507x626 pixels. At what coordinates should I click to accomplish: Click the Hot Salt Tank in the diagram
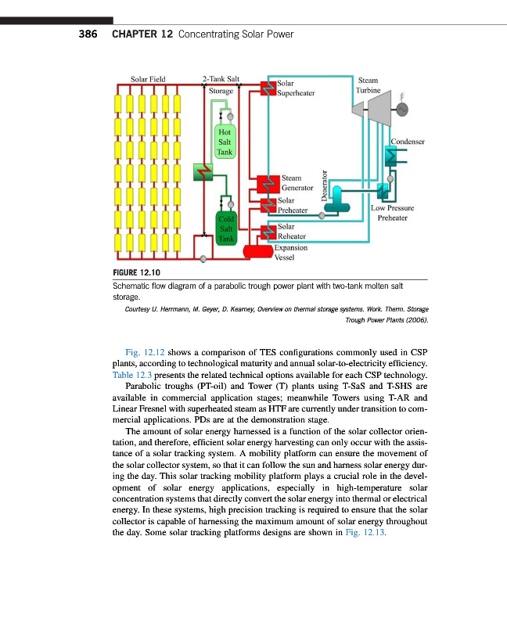click(x=225, y=142)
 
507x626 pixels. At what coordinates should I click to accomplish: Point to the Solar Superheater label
click(x=296, y=88)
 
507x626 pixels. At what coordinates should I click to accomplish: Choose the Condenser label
click(x=408, y=142)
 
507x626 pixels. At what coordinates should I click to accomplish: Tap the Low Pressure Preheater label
click(x=394, y=214)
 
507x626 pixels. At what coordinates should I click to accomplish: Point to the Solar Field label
click(x=147, y=79)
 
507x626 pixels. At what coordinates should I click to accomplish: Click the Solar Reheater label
click(x=291, y=232)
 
